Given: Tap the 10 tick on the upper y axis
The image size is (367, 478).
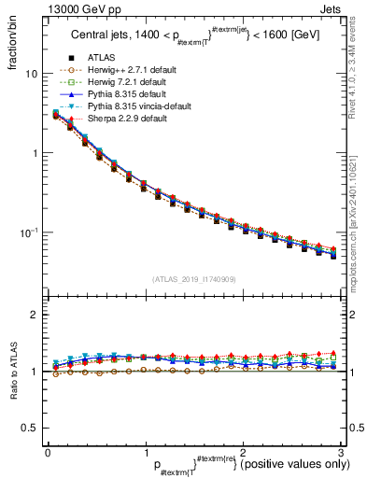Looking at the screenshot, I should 31,74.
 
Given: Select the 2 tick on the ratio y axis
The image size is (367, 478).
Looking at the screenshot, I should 35,315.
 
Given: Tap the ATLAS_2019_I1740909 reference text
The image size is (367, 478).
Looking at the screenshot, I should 193,279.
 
